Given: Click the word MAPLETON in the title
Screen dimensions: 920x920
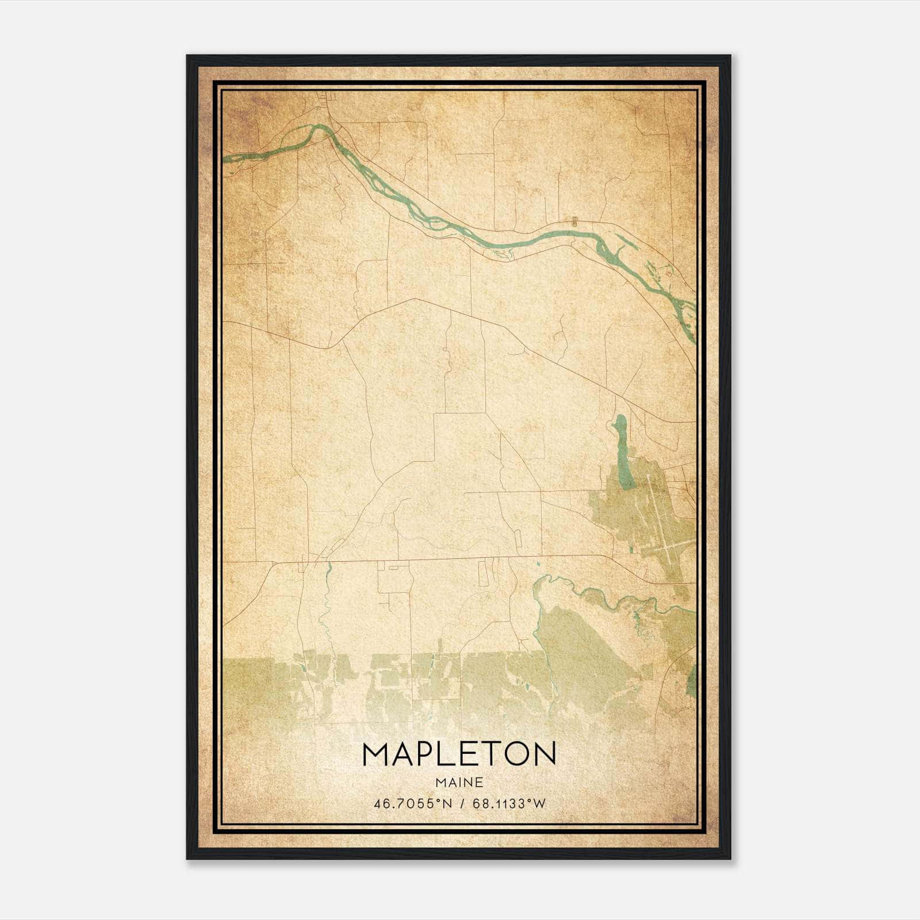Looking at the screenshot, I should [x=459, y=754].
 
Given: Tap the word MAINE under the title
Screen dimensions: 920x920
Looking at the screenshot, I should [x=459, y=782].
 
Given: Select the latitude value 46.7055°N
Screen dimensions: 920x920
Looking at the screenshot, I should [x=406, y=804].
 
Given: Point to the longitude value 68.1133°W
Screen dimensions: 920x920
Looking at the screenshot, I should [x=509, y=804].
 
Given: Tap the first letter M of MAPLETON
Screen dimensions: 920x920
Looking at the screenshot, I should [x=377, y=754].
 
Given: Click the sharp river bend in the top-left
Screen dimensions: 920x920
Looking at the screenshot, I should [x=316, y=128].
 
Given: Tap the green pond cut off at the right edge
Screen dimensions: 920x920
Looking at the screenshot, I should [x=692, y=678].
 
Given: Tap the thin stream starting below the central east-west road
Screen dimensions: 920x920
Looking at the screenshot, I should [x=328, y=569].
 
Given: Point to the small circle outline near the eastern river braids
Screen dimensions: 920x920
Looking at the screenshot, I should [x=669, y=274].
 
